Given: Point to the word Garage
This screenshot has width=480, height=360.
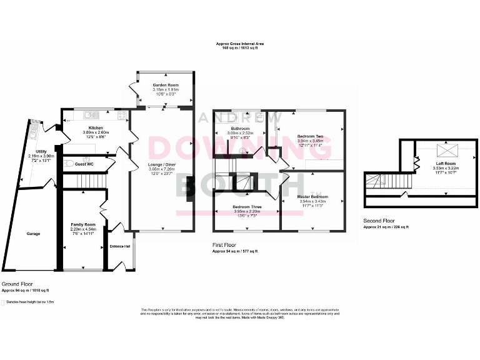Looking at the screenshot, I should [33, 234].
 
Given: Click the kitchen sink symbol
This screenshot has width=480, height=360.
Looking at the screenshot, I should [91, 114].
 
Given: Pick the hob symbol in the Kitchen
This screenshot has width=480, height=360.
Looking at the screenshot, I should [121, 114].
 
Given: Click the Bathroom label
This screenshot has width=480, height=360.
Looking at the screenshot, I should [240, 128].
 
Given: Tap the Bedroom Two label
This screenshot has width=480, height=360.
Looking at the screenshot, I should [310, 136].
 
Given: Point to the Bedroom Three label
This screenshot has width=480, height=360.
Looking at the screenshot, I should [247, 206].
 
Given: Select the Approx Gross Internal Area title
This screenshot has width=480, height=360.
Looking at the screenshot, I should [240, 43].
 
